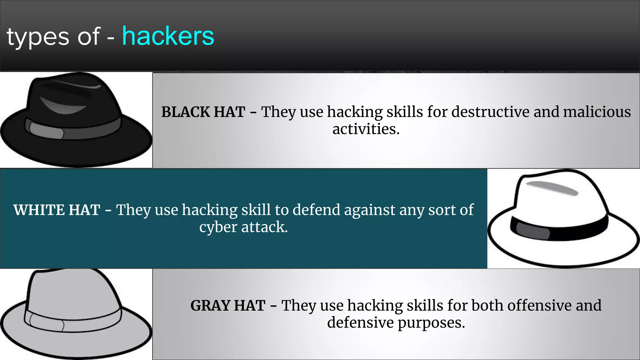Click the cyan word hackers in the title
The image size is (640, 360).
[168, 36]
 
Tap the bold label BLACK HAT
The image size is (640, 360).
[203, 112]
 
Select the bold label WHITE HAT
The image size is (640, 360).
[57, 210]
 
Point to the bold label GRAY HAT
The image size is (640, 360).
[228, 306]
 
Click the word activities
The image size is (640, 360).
[366, 129]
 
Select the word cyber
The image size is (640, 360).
[218, 227]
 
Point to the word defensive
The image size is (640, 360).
[360, 322]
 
